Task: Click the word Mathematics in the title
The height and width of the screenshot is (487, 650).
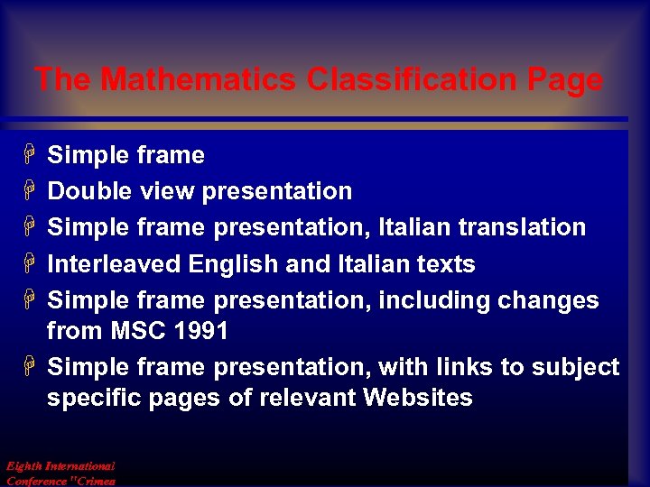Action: click(x=199, y=80)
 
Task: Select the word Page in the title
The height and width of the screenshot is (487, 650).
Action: click(x=564, y=80)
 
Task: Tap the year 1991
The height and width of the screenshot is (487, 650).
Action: click(x=200, y=331)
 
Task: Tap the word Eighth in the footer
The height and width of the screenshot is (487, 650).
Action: click(x=23, y=466)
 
